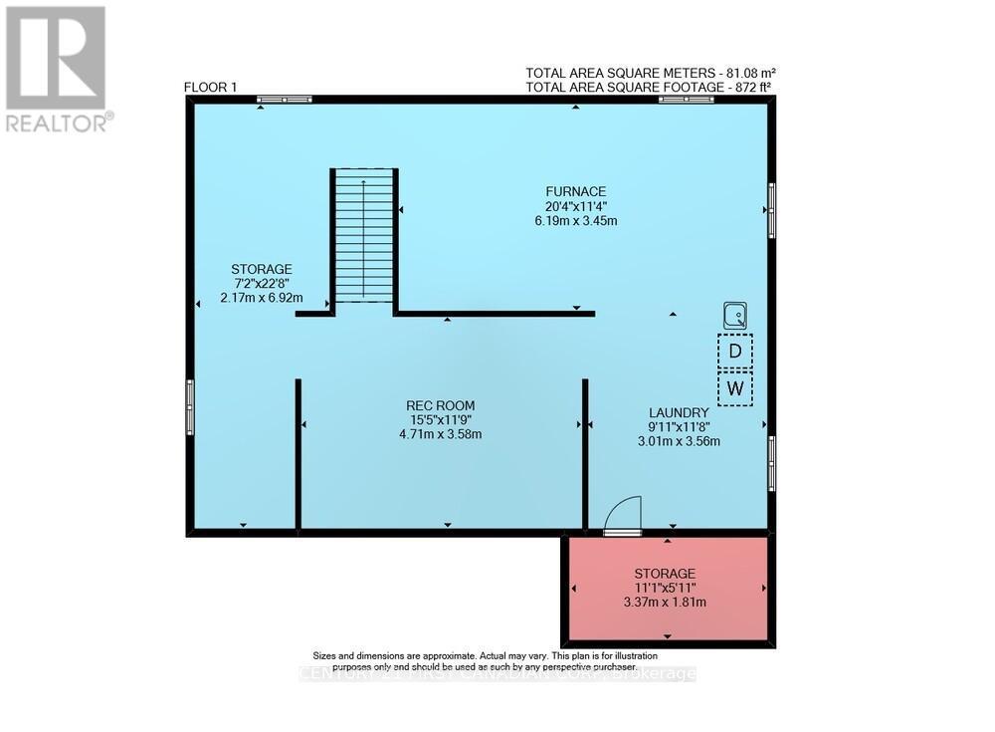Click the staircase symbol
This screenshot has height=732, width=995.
click(364, 237)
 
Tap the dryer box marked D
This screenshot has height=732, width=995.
click(735, 351)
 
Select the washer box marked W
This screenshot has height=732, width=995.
click(735, 388)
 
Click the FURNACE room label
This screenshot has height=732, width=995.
click(575, 192)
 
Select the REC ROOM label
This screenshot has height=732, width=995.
click(440, 405)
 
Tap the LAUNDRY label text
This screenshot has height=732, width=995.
click(679, 412)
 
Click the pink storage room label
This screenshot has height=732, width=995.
click(665, 574)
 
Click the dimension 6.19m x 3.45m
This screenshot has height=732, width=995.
click(575, 221)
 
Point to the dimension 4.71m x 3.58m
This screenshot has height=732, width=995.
click(440, 434)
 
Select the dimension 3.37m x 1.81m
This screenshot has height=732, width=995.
click(665, 602)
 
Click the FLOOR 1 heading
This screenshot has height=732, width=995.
click(210, 88)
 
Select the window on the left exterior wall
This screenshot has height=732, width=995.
click(190, 407)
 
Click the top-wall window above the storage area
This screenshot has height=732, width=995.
click(284, 100)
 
